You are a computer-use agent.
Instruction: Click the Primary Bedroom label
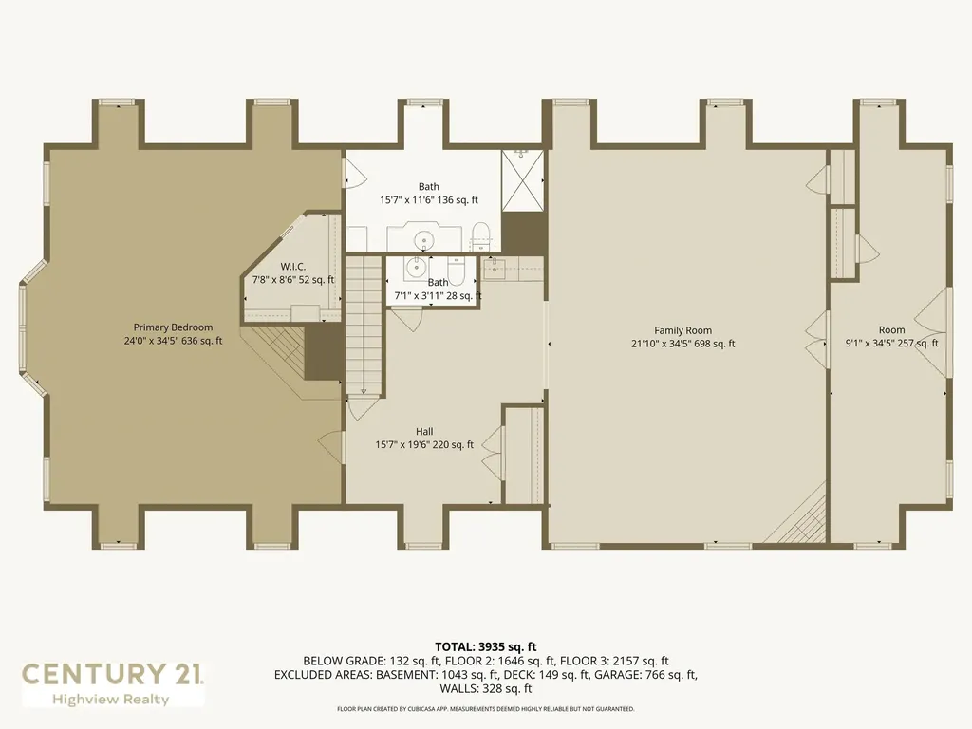pos(173,327)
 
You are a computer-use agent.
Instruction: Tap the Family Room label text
pos(683,330)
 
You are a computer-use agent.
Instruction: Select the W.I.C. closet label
pos(293,267)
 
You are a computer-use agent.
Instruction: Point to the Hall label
pos(424,432)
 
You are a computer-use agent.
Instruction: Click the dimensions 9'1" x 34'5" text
pos(873,343)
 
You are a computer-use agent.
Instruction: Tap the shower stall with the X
pos(523,180)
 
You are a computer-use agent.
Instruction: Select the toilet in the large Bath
pos(481,235)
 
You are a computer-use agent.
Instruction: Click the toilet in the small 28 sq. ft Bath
pos(457,269)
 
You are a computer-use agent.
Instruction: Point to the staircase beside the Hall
pos(364,327)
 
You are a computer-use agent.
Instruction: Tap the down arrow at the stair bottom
pos(364,391)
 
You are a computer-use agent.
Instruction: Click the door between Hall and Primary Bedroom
pos(331,445)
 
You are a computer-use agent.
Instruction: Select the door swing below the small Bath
pos(406,317)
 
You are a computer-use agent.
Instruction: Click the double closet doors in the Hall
pos(493,448)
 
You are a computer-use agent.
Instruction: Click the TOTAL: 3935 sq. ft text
pos(485,647)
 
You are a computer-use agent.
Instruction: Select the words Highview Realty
pos(110,700)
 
